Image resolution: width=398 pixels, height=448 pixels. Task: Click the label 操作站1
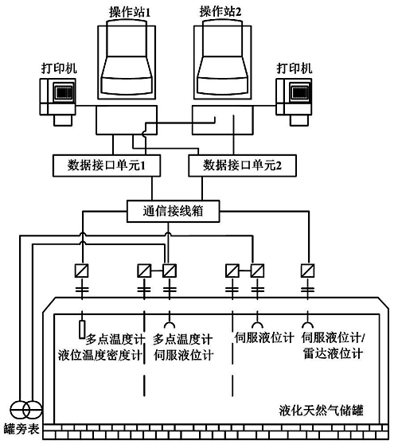(130, 12)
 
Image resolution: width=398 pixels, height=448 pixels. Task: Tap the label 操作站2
(220, 12)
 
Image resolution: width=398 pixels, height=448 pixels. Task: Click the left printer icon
(58, 102)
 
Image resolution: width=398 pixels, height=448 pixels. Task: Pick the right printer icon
(294, 102)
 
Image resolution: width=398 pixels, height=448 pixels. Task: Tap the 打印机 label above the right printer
(294, 68)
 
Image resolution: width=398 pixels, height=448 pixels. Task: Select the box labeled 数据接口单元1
(107, 166)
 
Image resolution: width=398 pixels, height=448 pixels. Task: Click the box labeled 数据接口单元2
(242, 166)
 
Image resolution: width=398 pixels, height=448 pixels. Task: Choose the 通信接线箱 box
(174, 212)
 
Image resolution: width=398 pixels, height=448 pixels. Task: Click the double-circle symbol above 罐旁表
(26, 411)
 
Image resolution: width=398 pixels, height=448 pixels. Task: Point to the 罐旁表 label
(21, 429)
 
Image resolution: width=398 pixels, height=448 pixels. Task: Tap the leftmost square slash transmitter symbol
(82, 271)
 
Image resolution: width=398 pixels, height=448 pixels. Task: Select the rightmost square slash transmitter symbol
(308, 271)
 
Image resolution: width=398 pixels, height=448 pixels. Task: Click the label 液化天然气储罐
(321, 411)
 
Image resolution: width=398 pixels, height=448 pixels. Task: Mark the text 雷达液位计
(334, 354)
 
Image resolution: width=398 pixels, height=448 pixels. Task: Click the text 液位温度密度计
(100, 355)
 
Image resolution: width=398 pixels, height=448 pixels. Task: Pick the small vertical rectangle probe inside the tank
(82, 329)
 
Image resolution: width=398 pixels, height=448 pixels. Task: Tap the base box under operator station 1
(127, 120)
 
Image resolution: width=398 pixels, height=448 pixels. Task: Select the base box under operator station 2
(222, 120)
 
